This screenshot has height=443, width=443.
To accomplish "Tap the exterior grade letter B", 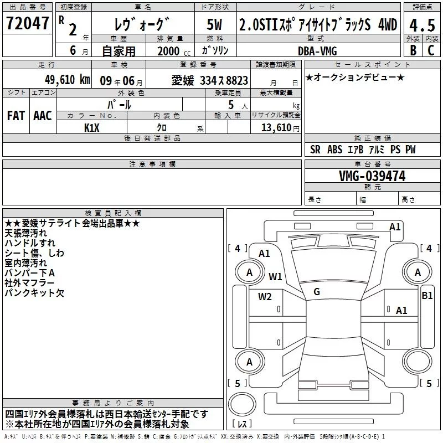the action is coord(412,50).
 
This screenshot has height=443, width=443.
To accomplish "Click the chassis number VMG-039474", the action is coord(372,176).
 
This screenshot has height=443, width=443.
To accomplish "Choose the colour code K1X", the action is coord(92,127).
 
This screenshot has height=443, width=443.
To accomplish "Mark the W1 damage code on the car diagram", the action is coord(275,276).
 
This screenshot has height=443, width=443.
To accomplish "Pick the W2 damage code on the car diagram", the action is coord(265,296).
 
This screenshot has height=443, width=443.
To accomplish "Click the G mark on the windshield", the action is coord(316,291).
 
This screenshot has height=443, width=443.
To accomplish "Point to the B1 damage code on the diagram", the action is coord(427,295).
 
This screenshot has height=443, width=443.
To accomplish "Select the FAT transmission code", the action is coord(16,116).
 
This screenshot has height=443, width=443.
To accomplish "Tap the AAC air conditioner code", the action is coord(42,116).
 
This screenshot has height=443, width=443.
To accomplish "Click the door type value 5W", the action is coord(215,25).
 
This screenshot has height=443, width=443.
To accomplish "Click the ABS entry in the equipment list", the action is coord(334,150).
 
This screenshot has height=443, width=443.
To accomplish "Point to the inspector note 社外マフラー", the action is coord(29,283).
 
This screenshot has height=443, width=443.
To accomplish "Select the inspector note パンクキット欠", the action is coord(34,293).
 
